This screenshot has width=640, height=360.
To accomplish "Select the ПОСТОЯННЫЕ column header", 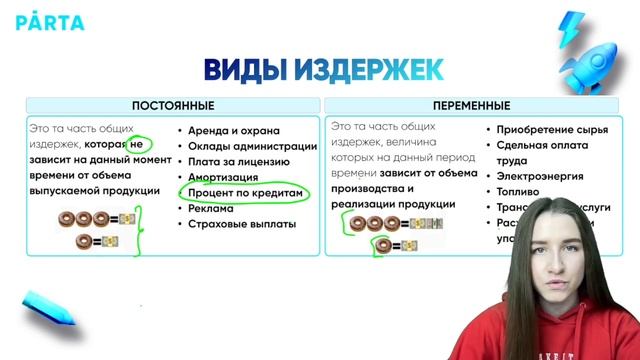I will click(173, 106).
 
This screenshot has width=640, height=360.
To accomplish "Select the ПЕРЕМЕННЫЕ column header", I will click(471, 106).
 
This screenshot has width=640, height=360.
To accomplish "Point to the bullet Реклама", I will click(212, 208).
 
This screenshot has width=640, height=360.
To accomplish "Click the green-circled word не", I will click(137, 146).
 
